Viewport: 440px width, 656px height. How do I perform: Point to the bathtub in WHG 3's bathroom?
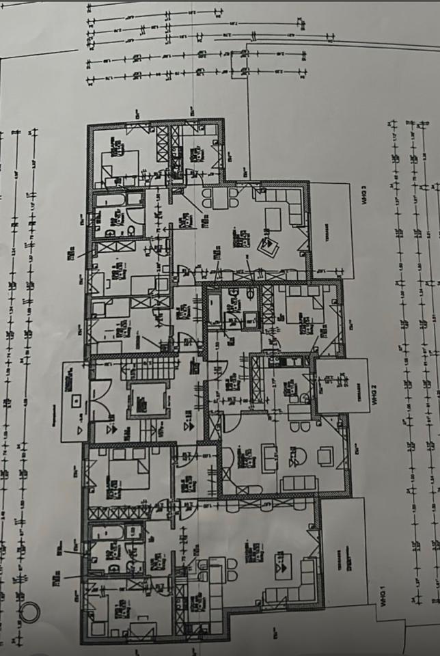110,202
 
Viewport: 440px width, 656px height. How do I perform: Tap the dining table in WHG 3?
220,197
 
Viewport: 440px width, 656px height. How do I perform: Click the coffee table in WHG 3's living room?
273,219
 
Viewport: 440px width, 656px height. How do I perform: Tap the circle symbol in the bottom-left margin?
29,610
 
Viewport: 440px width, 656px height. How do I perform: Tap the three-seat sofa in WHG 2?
299,484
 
